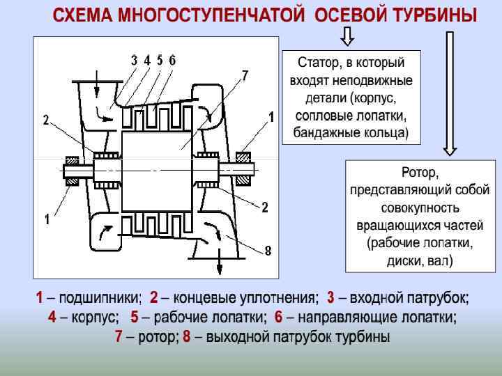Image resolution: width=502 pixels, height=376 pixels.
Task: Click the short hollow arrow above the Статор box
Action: [x=347, y=35]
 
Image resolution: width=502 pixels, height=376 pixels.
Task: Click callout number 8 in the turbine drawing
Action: [x=268, y=249]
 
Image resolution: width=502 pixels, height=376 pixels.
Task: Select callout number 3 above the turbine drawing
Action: [x=134, y=60]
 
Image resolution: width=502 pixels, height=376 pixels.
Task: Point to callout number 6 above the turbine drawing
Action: [x=172, y=60]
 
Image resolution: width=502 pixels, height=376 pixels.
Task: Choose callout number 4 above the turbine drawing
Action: [x=147, y=60]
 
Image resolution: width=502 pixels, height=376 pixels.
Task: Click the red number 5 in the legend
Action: [x=135, y=318]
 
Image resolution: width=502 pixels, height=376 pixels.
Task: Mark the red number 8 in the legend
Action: [x=187, y=337]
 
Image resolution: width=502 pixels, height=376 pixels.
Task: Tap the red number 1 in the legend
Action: [x=40, y=299]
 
